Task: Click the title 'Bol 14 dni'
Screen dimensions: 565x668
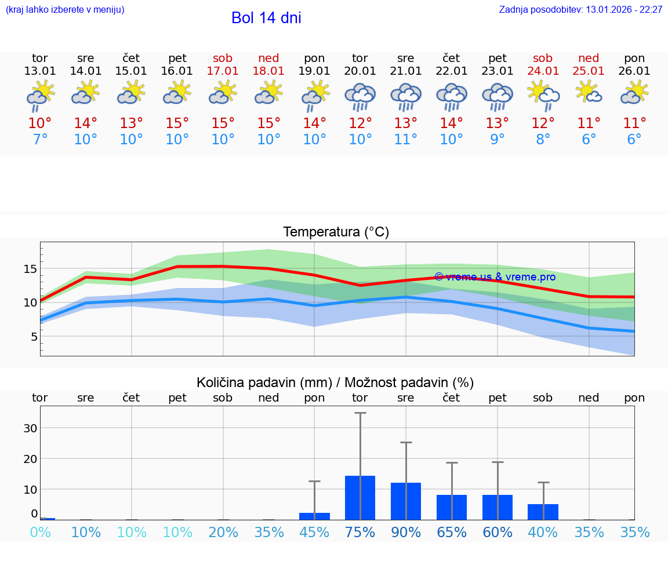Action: (x=266, y=18)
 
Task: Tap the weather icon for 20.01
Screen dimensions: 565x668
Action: (x=360, y=97)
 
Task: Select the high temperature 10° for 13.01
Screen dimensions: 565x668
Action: (x=40, y=123)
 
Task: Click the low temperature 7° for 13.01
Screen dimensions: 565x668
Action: (x=40, y=140)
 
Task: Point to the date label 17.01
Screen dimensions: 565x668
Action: (x=223, y=71)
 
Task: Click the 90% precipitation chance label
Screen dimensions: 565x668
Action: (x=406, y=533)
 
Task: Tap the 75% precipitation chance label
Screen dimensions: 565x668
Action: (x=360, y=533)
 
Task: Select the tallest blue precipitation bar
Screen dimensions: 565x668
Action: (x=360, y=497)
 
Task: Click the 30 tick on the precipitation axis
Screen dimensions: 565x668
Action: (x=30, y=428)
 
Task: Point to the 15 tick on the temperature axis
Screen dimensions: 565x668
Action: (x=30, y=269)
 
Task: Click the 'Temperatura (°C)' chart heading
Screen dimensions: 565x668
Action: (x=336, y=232)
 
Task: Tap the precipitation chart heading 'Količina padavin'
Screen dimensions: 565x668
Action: (x=335, y=382)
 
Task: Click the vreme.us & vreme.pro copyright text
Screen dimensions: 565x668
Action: (x=495, y=277)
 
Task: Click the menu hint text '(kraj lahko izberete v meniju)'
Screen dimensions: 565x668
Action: (x=65, y=10)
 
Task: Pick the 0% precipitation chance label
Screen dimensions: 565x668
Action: (x=40, y=533)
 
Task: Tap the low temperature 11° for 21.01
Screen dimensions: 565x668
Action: (x=406, y=140)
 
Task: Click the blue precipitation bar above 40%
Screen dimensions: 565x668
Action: (x=543, y=512)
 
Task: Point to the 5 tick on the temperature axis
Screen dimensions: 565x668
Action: (x=33, y=337)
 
